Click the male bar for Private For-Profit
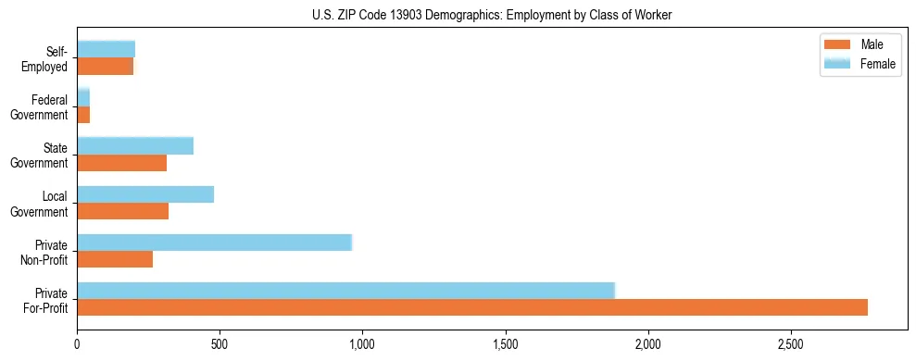coord(472,307)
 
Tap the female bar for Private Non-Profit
coord(214,243)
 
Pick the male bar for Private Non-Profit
coord(115,259)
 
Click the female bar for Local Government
coord(145,194)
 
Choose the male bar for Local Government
coord(122,211)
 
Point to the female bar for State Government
coord(135,145)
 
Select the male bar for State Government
coord(121,163)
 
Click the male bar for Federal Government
coord(83,115)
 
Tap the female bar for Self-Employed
coord(106,49)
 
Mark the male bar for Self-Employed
coord(105,67)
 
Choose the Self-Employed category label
coord(50,58)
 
